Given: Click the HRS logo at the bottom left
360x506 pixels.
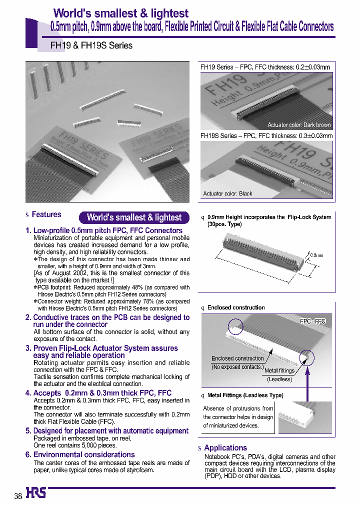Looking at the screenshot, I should pyautogui.click(x=36, y=493).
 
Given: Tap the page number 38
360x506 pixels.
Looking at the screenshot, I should pyautogui.click(x=18, y=496).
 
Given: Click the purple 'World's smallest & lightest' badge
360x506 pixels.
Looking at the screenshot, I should pyautogui.click(x=134, y=217).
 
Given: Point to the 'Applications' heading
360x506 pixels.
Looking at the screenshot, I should pyautogui.click(x=225, y=448).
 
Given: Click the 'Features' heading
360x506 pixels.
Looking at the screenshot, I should pyautogui.click(x=46, y=214).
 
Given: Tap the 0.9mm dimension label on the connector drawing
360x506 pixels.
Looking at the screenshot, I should pyautogui.click(x=316, y=255).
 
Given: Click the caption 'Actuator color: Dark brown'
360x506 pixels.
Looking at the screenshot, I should pyautogui.click(x=299, y=125).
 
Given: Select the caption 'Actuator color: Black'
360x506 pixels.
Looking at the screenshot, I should pyautogui.click(x=227, y=193).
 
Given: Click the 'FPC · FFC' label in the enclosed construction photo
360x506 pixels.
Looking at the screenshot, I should pyautogui.click(x=312, y=321).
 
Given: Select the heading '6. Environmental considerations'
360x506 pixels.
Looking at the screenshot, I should pyautogui.click(x=80, y=454).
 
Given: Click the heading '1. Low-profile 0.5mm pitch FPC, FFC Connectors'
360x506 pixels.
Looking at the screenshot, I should pyautogui.click(x=104, y=230).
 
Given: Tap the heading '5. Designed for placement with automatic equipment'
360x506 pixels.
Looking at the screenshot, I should pyautogui.click(x=107, y=430).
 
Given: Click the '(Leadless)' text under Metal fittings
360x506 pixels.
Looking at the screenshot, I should pyautogui.click(x=279, y=379).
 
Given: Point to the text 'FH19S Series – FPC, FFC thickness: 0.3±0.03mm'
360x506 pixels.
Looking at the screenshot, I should pyautogui.click(x=266, y=135).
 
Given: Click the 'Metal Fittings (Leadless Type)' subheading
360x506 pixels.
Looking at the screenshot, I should pyautogui.click(x=245, y=395).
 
